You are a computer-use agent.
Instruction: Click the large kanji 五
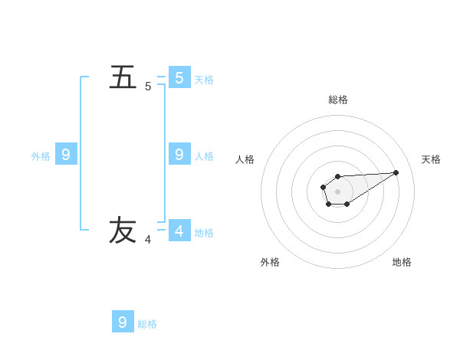(x=123, y=78)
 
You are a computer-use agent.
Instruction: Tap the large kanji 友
(x=123, y=231)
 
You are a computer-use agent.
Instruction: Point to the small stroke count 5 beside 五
(x=148, y=87)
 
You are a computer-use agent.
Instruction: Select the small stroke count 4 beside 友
(x=148, y=240)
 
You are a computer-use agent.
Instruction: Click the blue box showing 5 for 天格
(x=179, y=78)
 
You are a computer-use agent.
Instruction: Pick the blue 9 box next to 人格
(x=179, y=155)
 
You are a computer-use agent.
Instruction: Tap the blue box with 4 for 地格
(x=179, y=231)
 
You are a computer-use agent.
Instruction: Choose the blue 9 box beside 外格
(x=66, y=155)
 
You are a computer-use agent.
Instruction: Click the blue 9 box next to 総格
(x=123, y=322)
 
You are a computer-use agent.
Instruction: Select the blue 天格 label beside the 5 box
(x=204, y=79)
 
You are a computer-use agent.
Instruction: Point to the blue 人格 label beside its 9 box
(x=204, y=155)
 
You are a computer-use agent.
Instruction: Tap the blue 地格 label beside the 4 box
(x=204, y=232)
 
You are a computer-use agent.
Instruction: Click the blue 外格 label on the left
(x=41, y=155)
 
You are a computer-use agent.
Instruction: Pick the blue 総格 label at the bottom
(x=147, y=323)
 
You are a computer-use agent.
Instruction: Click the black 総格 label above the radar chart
(x=338, y=100)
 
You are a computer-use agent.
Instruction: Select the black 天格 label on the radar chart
(x=432, y=159)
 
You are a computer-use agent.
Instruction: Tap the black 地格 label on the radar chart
(x=402, y=262)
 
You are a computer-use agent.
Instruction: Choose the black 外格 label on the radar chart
(x=270, y=262)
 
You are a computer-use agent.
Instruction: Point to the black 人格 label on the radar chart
(x=245, y=159)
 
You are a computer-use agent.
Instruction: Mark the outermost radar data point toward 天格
(x=396, y=172)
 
